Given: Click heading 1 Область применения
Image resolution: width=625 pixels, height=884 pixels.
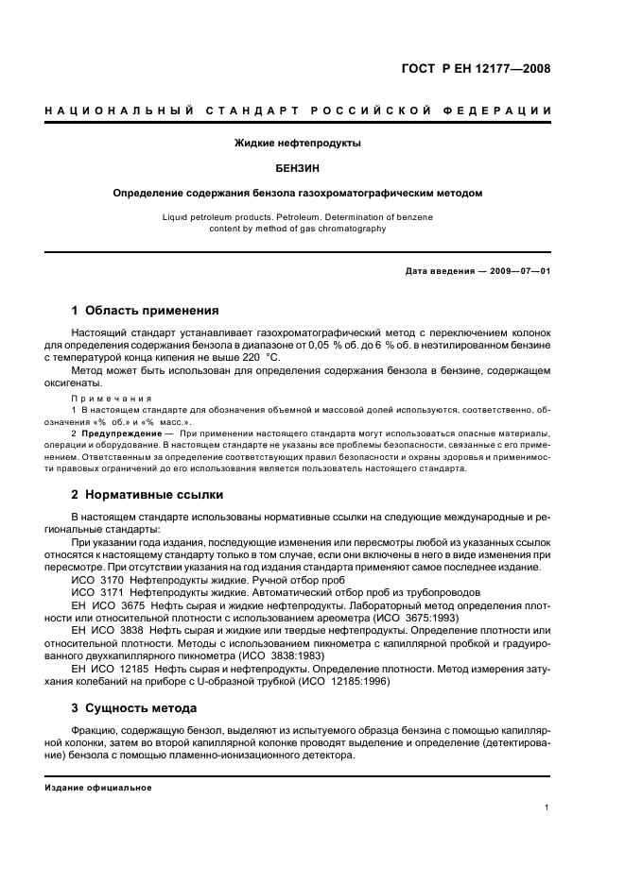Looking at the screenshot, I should point(146,310).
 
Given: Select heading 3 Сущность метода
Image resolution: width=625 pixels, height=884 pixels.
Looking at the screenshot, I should point(134,707).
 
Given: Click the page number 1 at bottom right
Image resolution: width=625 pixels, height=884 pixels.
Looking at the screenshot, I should point(547,807).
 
